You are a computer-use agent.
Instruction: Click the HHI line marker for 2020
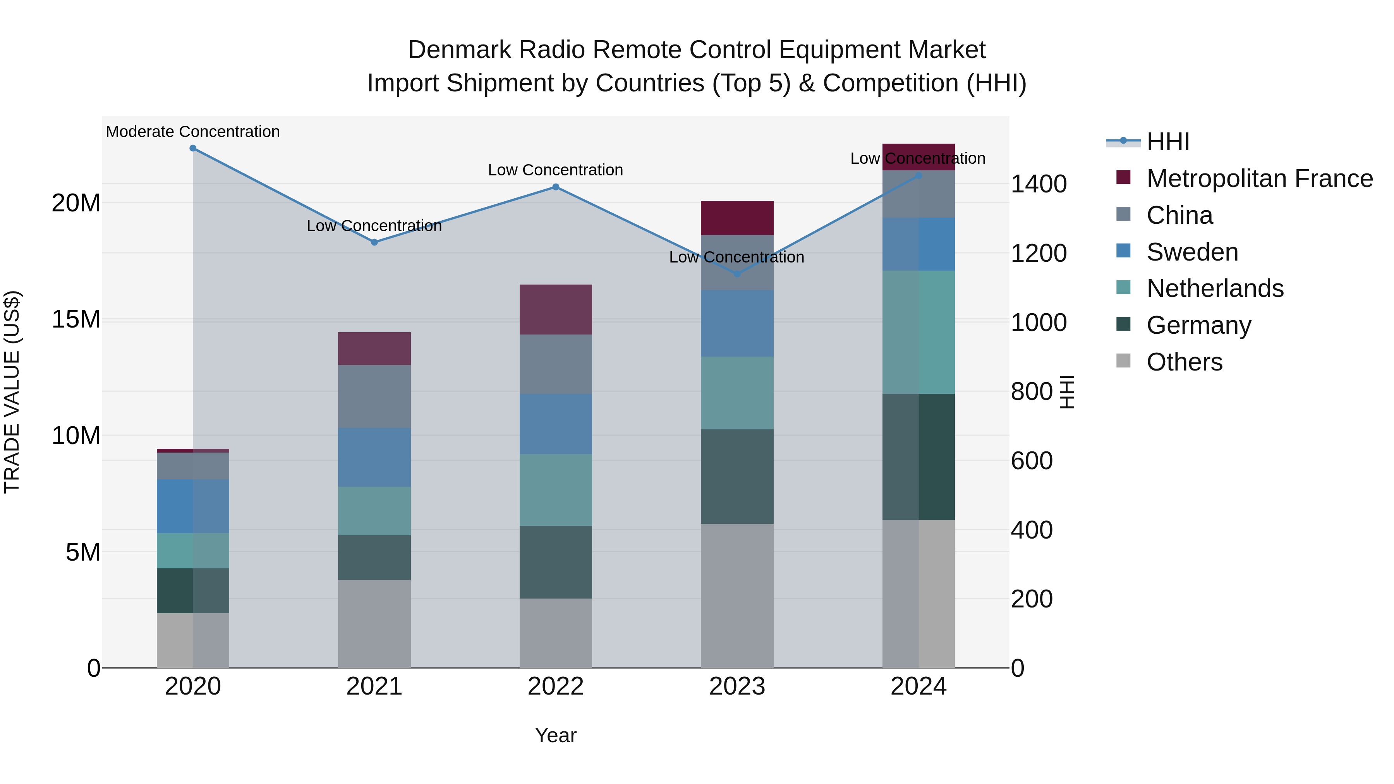[193, 148]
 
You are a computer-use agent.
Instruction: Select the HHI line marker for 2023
[736, 274]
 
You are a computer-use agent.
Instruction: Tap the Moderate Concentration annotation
[193, 132]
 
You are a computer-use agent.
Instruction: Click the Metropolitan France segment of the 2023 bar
[736, 218]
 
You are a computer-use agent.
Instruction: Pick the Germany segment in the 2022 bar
[555, 562]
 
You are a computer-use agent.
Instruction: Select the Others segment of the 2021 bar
[374, 623]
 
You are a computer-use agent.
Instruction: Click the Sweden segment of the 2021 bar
[374, 457]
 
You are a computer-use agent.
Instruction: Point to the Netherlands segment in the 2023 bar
[736, 393]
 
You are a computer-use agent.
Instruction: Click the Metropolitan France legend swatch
[1123, 177]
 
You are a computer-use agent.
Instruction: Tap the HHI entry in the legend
[1168, 142]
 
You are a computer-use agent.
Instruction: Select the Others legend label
[1184, 362]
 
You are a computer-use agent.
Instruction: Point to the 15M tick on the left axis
[76, 319]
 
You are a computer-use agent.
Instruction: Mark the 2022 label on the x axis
[555, 686]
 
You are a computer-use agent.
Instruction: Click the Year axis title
[555, 735]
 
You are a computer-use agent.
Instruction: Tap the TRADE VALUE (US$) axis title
[12, 392]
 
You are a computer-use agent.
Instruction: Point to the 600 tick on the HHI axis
[1032, 460]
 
